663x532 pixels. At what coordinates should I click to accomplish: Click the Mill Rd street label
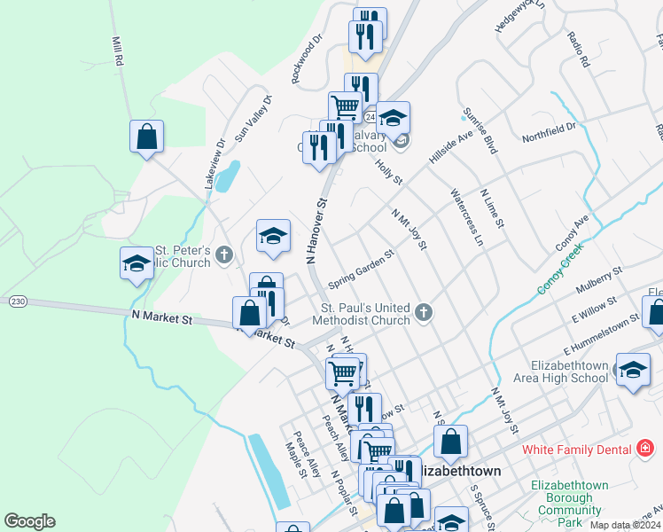coord(116,52)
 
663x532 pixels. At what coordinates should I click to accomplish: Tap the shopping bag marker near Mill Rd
coord(147,137)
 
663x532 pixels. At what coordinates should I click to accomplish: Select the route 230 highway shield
coord(17,302)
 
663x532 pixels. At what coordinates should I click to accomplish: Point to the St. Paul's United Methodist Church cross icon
coord(424,312)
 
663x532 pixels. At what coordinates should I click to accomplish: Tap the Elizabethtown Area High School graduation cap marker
coord(632,372)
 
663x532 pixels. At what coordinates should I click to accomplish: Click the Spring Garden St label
coord(361,268)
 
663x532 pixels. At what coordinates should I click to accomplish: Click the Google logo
coord(29,521)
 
